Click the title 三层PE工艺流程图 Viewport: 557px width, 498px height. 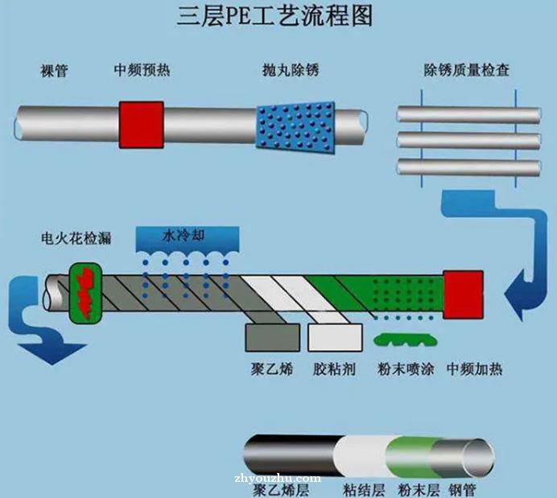pyautogui.click(x=274, y=16)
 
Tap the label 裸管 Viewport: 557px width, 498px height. pyautogui.click(x=54, y=71)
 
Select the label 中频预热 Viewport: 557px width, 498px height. pyautogui.click(x=142, y=70)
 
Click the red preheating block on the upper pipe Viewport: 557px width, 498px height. pyautogui.click(x=142, y=125)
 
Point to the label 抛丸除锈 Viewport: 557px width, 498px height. pyautogui.click(x=291, y=70)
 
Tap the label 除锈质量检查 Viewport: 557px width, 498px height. pyautogui.click(x=466, y=70)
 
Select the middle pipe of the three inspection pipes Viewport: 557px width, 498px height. pyautogui.click(x=469, y=141)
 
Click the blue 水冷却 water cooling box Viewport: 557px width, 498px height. pyautogui.click(x=188, y=240)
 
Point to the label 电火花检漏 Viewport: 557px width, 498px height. pyautogui.click(x=76, y=238)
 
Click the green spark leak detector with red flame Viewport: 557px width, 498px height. pyautogui.click(x=85, y=293)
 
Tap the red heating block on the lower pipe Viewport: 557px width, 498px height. pyautogui.click(x=463, y=294)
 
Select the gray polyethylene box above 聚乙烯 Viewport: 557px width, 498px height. pyautogui.click(x=272, y=337)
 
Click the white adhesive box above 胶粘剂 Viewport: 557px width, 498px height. pyautogui.click(x=335, y=337)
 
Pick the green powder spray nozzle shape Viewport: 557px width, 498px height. pyautogui.click(x=406, y=340)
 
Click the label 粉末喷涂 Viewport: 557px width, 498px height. pyautogui.click(x=406, y=369)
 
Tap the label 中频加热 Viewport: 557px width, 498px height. pyautogui.click(x=474, y=369)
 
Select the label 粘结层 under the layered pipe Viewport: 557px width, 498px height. pyautogui.click(x=364, y=491)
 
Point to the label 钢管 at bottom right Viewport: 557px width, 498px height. pyautogui.click(x=462, y=491)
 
